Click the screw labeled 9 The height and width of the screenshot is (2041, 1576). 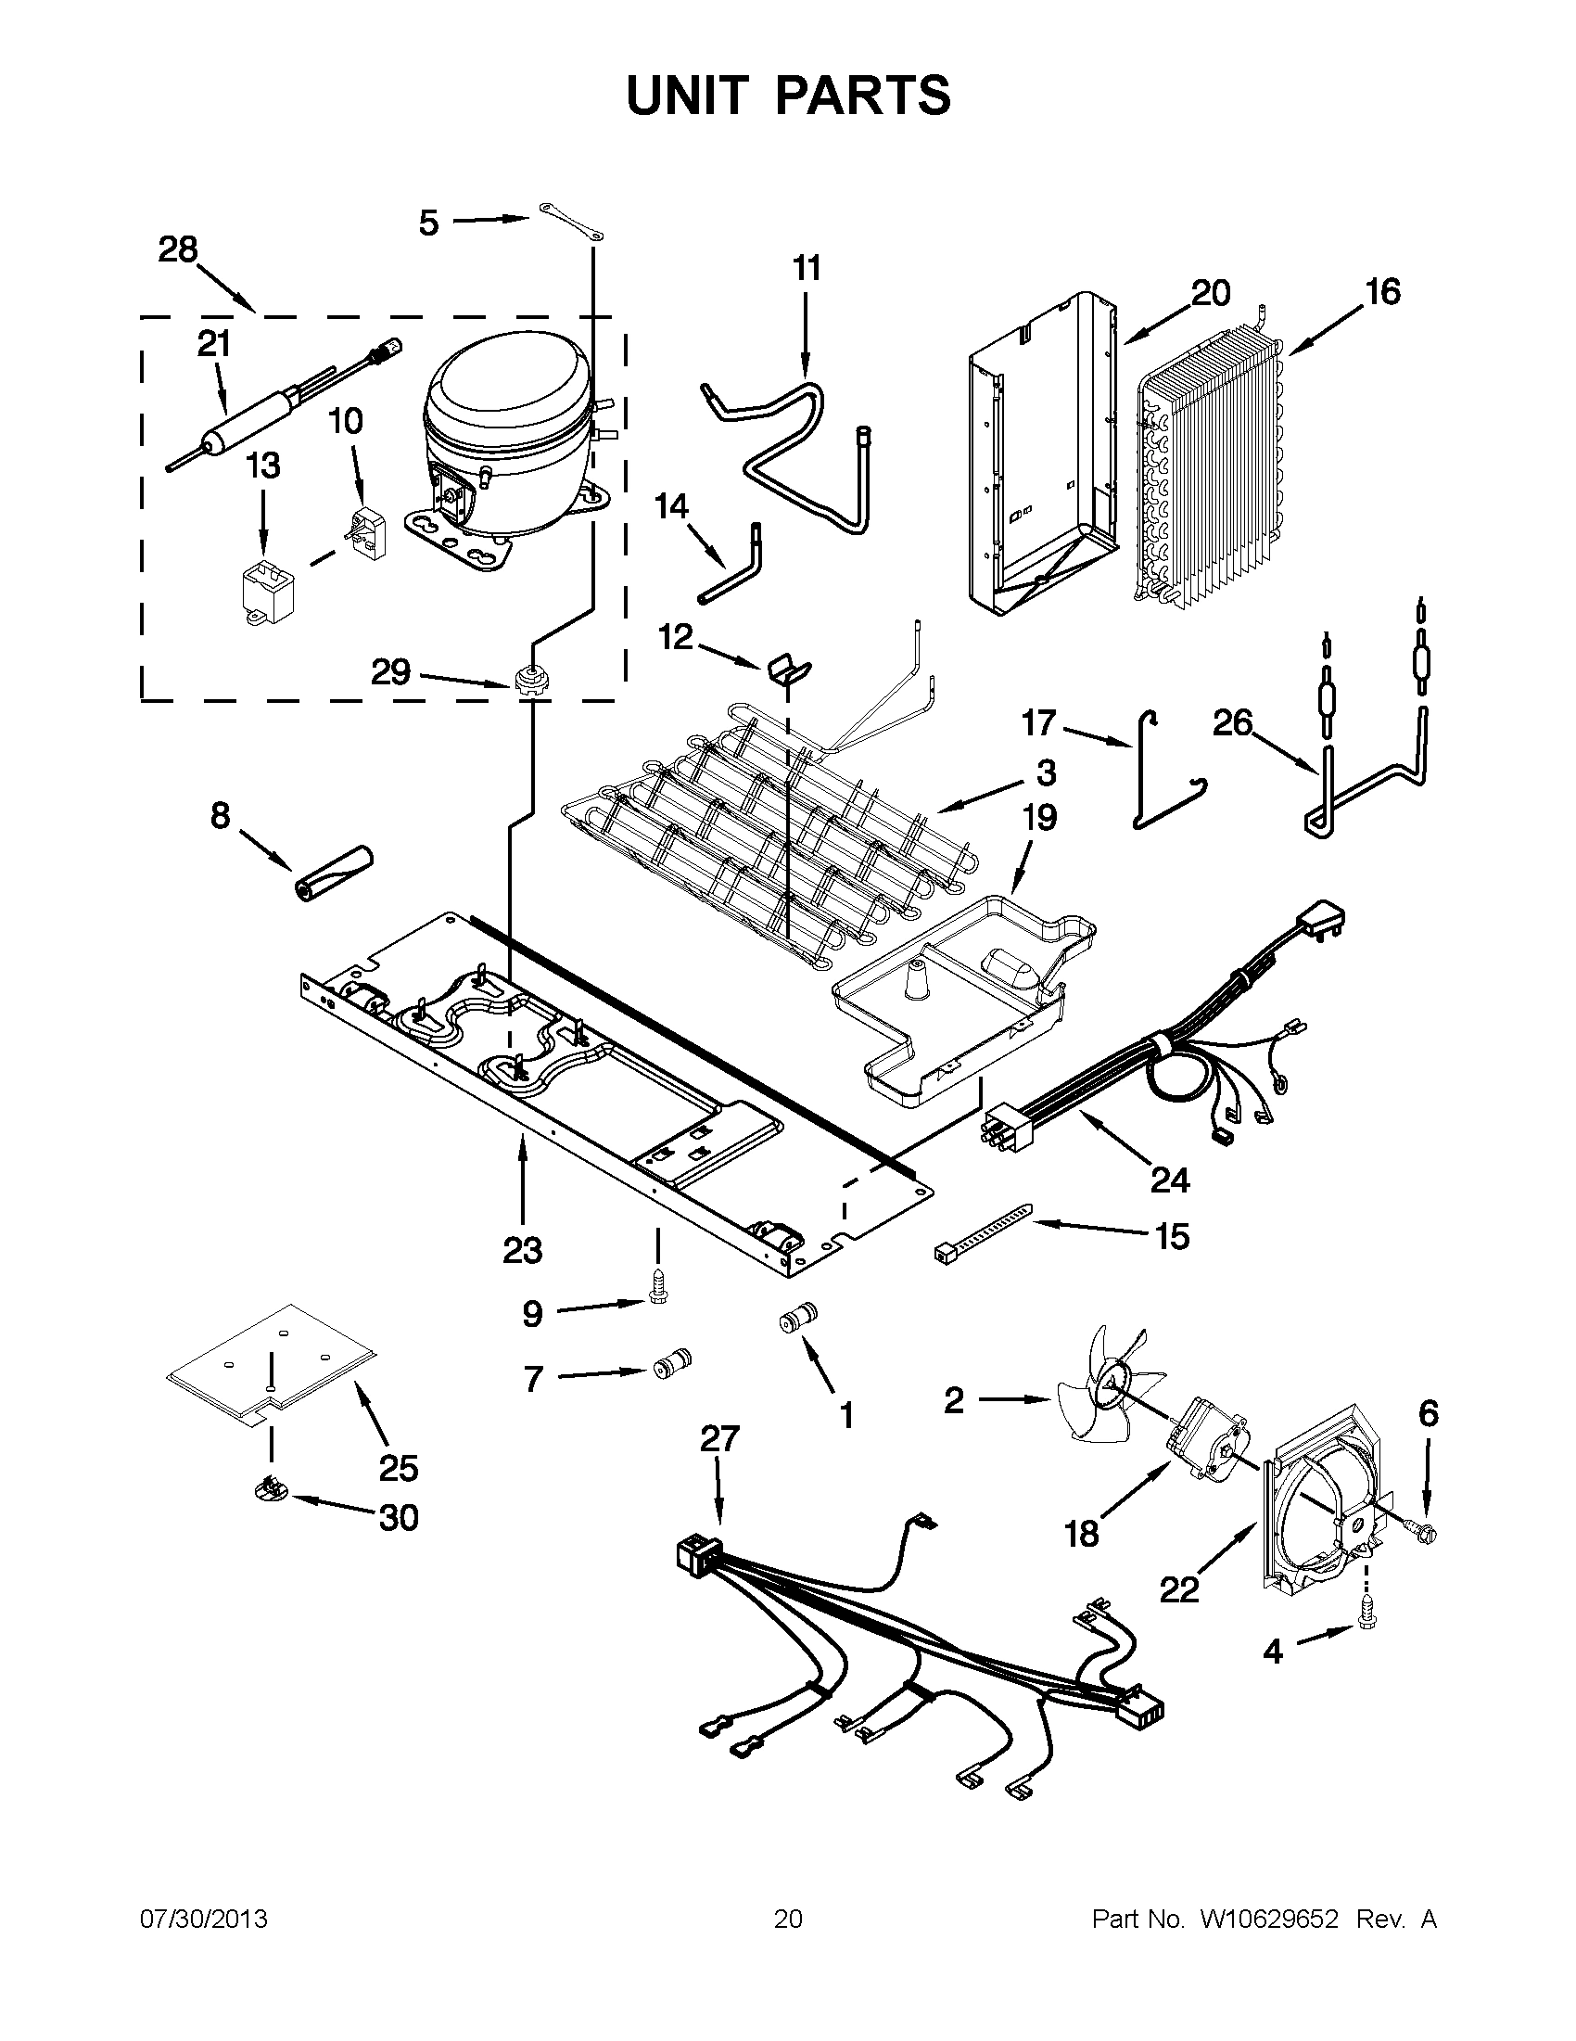pyautogui.click(x=657, y=1294)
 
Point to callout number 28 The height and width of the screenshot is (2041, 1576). pyautogui.click(x=177, y=249)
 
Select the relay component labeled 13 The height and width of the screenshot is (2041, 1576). pyautogui.click(x=262, y=592)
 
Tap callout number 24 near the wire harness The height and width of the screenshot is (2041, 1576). pyautogui.click(x=1169, y=1180)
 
